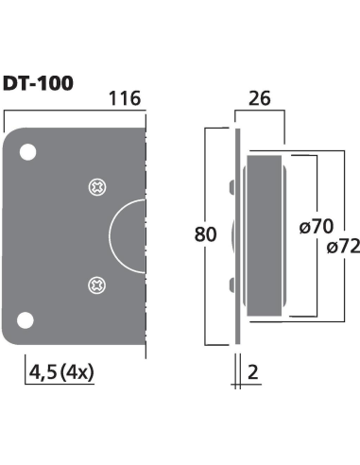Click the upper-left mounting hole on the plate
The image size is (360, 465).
[28, 151]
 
